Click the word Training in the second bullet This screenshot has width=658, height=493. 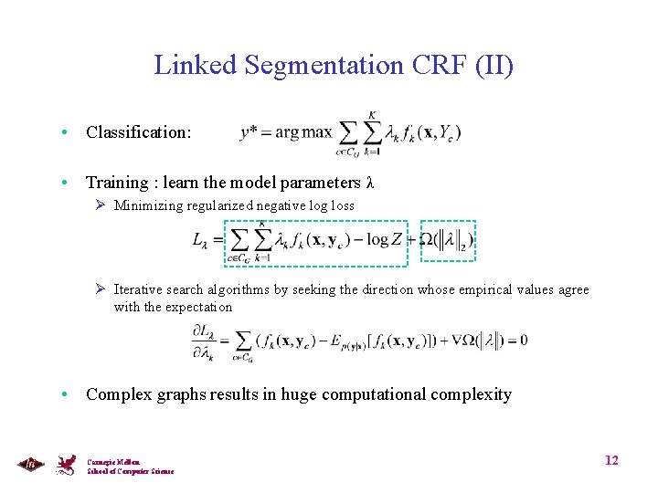(x=117, y=183)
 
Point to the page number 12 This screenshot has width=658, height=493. (x=611, y=460)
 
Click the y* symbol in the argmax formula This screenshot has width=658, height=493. (x=253, y=132)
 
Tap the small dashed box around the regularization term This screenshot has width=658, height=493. (x=448, y=240)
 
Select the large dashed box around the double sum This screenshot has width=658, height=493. (x=317, y=243)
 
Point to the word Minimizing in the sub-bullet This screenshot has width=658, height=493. (x=147, y=205)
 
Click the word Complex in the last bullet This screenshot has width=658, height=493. (x=116, y=394)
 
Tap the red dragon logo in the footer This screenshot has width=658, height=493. (x=65, y=465)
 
